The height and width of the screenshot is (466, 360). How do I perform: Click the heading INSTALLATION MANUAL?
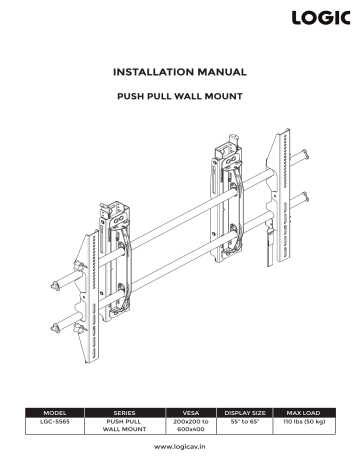(x=180, y=72)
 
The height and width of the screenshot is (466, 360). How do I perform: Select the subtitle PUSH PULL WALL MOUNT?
(x=180, y=99)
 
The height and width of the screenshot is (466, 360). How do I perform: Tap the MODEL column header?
(x=54, y=411)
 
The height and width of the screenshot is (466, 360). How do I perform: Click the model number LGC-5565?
(x=54, y=421)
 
